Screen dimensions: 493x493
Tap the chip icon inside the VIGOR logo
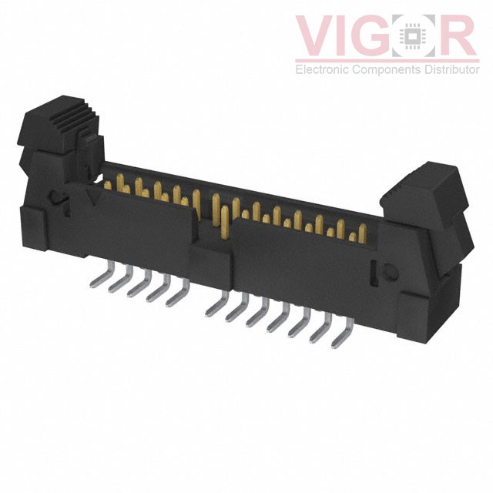[415, 36]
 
